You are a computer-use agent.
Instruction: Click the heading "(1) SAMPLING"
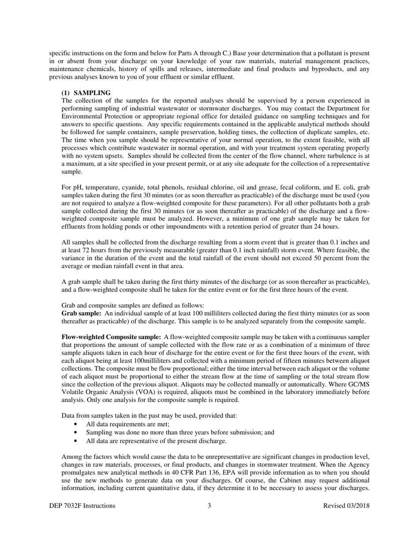pyautogui.click(x=86, y=92)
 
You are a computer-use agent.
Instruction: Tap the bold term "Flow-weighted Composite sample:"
pyautogui.click(x=111, y=337)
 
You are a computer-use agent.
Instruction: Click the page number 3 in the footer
pyautogui.click(x=209, y=505)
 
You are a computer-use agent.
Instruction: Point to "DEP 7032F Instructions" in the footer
pyautogui.click(x=82, y=505)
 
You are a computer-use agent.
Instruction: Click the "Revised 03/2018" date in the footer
pyautogui.click(x=346, y=505)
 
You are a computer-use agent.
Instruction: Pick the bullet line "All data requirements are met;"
pyautogui.click(x=124, y=424)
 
